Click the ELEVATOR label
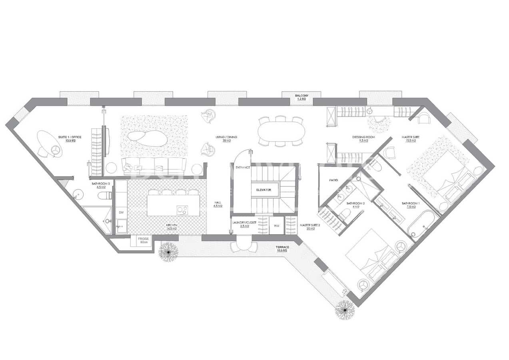(264, 190)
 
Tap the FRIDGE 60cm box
(143, 240)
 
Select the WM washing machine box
(276, 226)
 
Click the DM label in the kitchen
(121, 212)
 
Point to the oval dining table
(281, 131)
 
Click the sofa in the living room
(154, 165)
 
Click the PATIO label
(333, 180)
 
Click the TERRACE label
(282, 247)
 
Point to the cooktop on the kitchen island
(182, 208)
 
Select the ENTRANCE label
(243, 167)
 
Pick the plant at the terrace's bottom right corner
(344, 309)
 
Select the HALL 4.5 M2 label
(218, 204)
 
